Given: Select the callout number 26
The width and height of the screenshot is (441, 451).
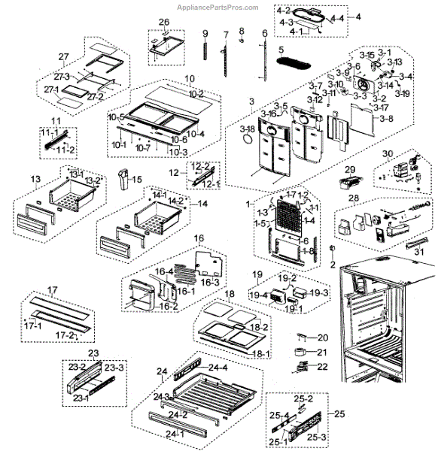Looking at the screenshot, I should coord(163,21).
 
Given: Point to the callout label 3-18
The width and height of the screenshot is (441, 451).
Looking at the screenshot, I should coord(248,130).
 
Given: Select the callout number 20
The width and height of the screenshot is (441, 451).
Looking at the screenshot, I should coord(322,337).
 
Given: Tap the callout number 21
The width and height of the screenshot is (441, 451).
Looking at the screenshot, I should coord(322,352).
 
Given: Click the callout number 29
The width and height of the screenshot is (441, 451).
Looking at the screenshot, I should coord(349,171).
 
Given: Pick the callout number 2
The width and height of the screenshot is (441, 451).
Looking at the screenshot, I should coord(332,265).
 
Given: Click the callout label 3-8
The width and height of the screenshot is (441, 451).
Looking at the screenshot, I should coord(387,119).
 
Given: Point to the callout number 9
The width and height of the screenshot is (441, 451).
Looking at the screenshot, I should coord(204,33).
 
